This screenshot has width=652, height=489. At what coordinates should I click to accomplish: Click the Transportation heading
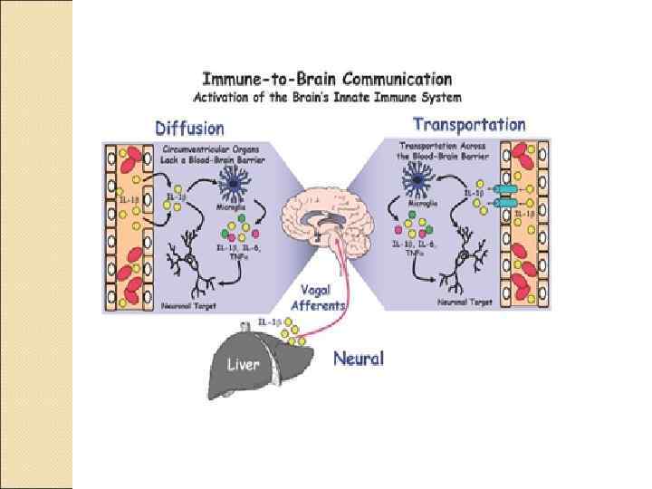(x=469, y=124)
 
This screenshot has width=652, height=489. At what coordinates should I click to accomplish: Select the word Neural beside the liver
(x=359, y=359)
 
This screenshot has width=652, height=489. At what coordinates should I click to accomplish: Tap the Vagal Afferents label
(x=319, y=298)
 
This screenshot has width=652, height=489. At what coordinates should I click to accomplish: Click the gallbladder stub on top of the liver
(x=244, y=325)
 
